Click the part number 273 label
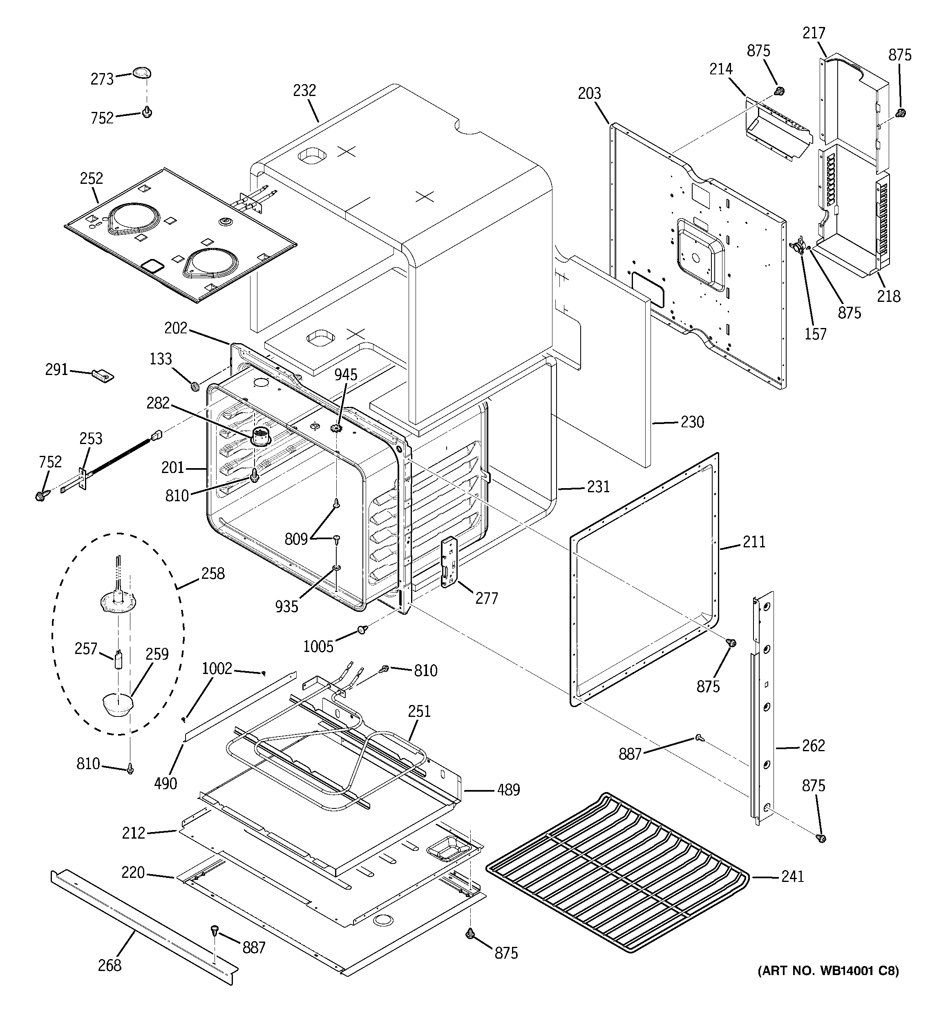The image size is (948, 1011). (102, 79)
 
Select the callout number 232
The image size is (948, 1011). (304, 91)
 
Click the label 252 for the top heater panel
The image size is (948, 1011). (91, 179)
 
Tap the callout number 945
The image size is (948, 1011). (346, 375)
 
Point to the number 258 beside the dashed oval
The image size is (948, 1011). (213, 574)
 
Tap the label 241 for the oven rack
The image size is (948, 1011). (792, 876)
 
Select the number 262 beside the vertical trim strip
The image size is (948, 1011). (813, 746)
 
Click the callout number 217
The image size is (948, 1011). (814, 33)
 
